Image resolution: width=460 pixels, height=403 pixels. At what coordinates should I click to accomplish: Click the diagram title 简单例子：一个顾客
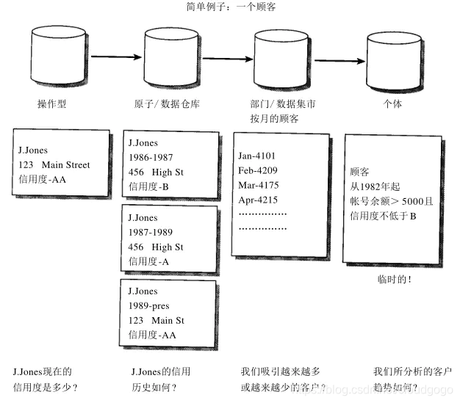pos(230,7)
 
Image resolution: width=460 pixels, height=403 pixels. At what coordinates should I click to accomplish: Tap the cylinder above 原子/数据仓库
pos(172,57)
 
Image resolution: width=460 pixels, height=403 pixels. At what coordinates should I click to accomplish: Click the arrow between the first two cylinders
pos(116,56)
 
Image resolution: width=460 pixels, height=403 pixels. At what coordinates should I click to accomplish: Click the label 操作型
pos(52,104)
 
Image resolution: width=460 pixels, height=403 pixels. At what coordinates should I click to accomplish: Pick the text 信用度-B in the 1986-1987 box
pos(149,186)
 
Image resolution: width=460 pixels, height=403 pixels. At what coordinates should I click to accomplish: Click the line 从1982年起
pos(376,186)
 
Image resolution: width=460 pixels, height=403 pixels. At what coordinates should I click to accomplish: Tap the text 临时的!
pos(395,280)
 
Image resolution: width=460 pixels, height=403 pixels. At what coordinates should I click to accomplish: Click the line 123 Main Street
pos(54,165)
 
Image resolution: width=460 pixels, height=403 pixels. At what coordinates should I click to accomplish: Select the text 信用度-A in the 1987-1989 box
pos(149,261)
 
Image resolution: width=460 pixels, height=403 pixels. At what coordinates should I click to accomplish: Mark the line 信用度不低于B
pos(384,216)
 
